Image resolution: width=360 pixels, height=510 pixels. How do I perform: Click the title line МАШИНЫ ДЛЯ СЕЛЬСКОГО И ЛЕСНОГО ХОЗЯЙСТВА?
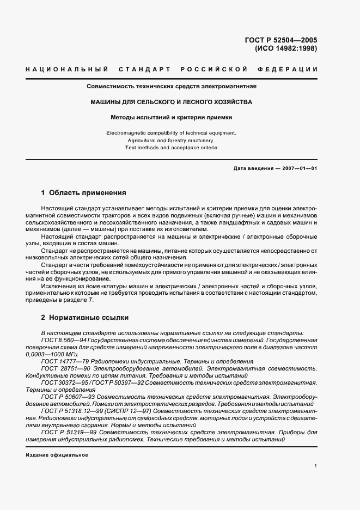pos(172,102)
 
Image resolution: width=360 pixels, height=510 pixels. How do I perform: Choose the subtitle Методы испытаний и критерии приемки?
pos(172,117)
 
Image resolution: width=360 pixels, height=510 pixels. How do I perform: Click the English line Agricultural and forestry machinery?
pos(172,140)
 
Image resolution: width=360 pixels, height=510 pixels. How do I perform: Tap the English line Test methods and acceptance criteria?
pos(172,148)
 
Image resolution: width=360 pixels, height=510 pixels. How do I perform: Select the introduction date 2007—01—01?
pos(299,168)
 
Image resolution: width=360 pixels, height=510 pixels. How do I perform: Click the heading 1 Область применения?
pos(84,192)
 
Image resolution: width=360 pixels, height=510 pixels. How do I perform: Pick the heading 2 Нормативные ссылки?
pos(85,317)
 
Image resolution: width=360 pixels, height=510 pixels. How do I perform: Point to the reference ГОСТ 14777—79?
pos(59,361)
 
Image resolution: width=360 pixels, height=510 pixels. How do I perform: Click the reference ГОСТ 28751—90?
pos(59,369)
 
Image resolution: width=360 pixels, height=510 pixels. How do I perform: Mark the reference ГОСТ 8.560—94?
pos(57,340)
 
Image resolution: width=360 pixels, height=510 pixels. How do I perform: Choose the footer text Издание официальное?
pos(57,455)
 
